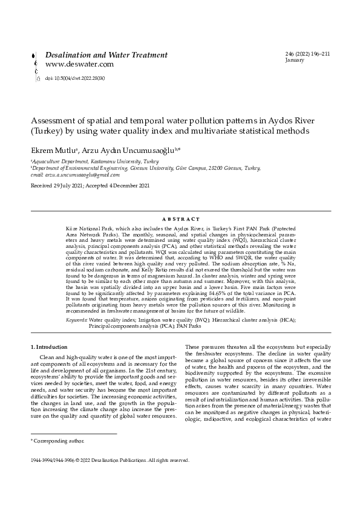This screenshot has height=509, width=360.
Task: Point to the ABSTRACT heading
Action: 180,218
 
